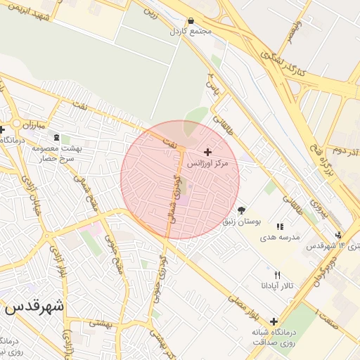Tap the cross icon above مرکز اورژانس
tap(207, 152)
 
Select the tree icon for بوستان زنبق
tap(242, 210)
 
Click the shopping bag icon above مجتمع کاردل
tap(191, 22)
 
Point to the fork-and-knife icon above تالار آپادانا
tap(277, 275)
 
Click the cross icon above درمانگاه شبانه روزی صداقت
tap(274, 322)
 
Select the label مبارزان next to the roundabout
tap(32, 125)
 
